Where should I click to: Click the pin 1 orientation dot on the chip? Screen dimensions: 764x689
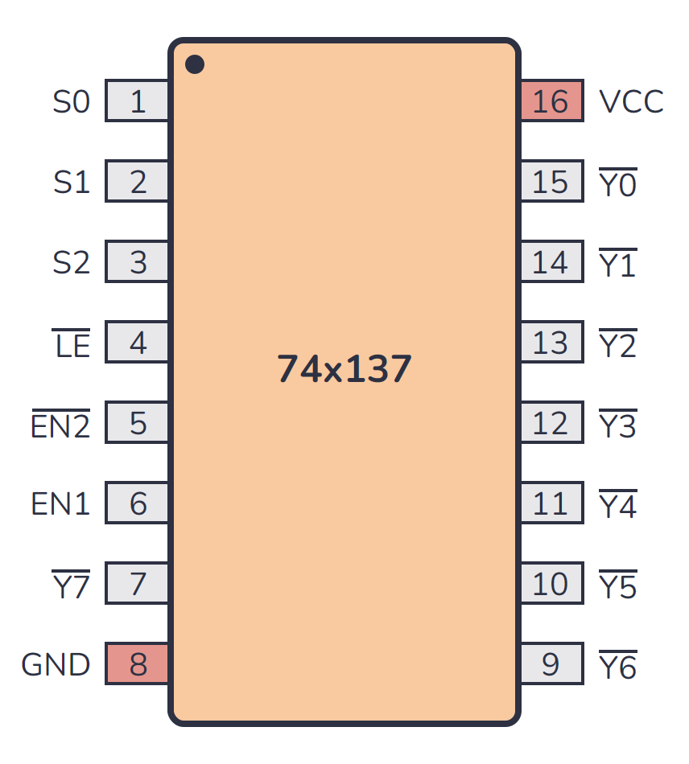195,64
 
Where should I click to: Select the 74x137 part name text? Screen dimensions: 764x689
344,369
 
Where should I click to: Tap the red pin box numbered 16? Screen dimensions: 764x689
551,101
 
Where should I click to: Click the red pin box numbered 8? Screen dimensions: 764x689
138,664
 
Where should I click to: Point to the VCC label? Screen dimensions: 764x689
631,102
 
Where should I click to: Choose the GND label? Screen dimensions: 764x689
56,665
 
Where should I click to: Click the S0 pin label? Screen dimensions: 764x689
72,102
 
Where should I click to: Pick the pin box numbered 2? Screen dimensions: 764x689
138,182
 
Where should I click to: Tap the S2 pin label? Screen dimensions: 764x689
72,263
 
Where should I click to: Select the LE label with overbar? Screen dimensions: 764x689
72,345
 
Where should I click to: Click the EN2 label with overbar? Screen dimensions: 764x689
61,425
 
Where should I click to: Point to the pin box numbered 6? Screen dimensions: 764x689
138,503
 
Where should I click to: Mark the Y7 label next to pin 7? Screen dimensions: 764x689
72,585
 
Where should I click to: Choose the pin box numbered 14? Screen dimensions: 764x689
551,262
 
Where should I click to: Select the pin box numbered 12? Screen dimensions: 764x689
551,423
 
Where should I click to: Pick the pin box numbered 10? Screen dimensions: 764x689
551,584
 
